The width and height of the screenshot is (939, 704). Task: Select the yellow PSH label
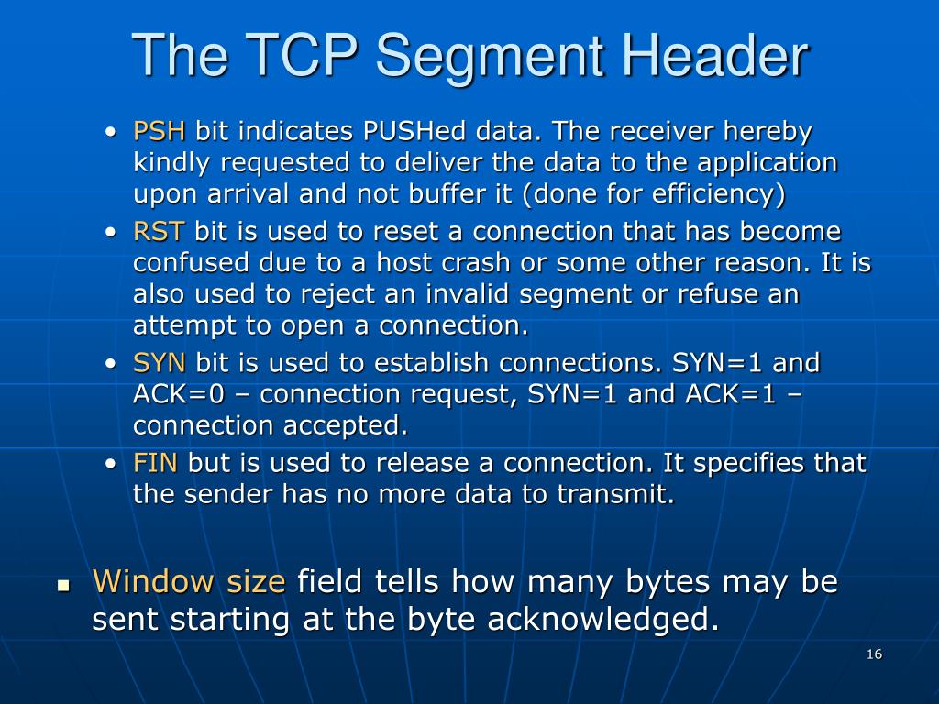coord(160,132)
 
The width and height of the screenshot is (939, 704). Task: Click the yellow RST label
coord(159,231)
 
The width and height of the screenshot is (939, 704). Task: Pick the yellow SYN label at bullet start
coord(160,363)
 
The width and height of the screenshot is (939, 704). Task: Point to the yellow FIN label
coord(156,463)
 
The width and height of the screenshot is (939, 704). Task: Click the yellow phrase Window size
coord(189,581)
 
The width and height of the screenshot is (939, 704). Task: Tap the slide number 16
coord(873,654)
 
